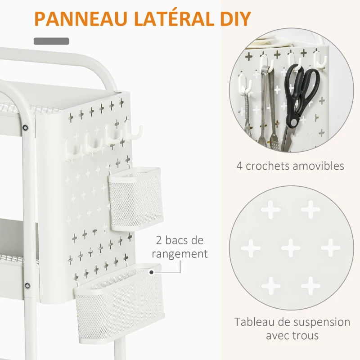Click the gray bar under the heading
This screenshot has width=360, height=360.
tap(52, 41)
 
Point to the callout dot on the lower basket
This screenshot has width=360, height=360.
tap(152, 272)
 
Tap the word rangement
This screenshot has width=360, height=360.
tap(180, 254)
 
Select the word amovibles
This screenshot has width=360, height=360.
tap(317, 166)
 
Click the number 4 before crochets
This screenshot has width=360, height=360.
tap(240, 166)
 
